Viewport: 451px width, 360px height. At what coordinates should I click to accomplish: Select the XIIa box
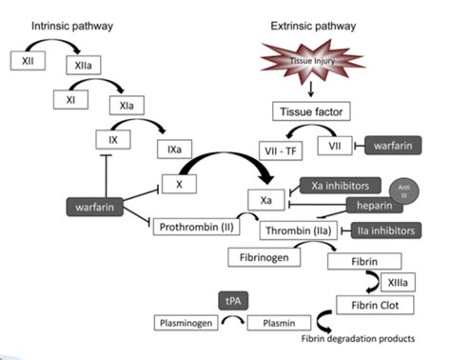tap(78, 66)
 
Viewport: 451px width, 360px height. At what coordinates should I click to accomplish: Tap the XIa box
tap(126, 105)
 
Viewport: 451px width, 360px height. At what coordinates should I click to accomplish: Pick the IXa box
tap(174, 150)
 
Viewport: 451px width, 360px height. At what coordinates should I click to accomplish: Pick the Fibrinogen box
tap(260, 256)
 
